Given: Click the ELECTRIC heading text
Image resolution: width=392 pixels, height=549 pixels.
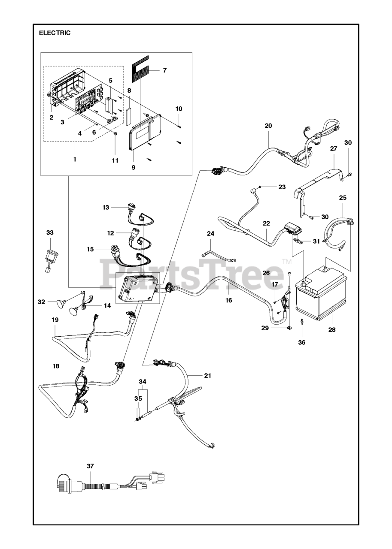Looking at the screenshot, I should click(x=55, y=33).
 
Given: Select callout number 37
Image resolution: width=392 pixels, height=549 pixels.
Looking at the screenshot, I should click(x=90, y=466).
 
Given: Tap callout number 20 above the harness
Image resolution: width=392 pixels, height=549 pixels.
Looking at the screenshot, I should click(x=268, y=126).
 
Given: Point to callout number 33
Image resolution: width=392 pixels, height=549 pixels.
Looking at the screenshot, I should click(x=50, y=232).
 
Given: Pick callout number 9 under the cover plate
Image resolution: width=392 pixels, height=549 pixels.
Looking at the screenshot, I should click(x=133, y=167).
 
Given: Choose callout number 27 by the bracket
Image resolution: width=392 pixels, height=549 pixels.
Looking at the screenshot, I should click(x=334, y=148).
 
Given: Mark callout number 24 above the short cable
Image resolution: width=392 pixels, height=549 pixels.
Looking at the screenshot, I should click(x=210, y=234).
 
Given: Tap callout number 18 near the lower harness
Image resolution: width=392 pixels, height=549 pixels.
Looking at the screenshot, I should click(x=56, y=366).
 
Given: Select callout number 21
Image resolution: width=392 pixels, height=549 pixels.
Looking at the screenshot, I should click(x=208, y=375).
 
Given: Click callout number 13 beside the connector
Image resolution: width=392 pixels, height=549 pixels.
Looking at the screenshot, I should click(x=106, y=207).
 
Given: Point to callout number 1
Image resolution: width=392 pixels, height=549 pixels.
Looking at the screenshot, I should click(x=74, y=159).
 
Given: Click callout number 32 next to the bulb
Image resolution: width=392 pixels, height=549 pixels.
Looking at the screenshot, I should click(x=41, y=302).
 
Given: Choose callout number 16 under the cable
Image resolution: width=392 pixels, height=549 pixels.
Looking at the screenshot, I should click(x=228, y=300).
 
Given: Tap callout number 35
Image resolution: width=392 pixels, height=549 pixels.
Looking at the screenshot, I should click(x=138, y=398).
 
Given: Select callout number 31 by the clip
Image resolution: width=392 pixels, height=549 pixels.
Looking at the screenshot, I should click(x=316, y=241).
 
